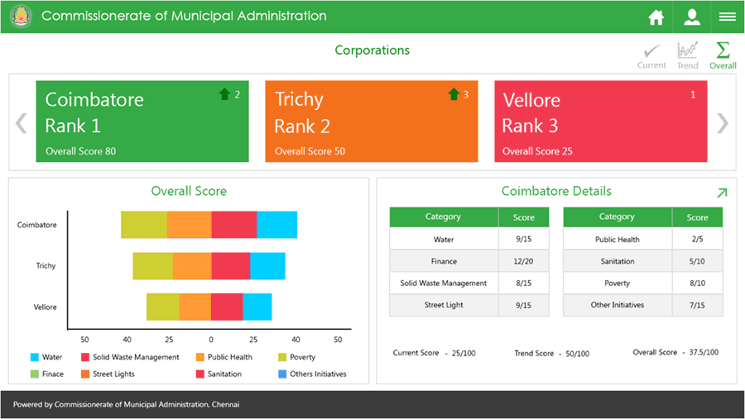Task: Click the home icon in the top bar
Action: pos(656,17)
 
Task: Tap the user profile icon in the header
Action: pos(691,17)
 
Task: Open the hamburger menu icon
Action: pos(728,17)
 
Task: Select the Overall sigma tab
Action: pos(723,55)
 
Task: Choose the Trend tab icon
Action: pos(687,55)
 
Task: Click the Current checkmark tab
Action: pos(651,55)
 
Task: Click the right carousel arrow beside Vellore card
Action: pos(723,123)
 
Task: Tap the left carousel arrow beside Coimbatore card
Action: pos(22,123)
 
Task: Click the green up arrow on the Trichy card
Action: pos(454,94)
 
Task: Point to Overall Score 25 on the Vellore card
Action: pos(537,151)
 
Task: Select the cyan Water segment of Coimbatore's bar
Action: pos(276,225)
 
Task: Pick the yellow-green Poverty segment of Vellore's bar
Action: pos(163,307)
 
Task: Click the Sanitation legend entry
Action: pos(219,374)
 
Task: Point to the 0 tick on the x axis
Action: pos(211,340)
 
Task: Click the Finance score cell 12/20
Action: pos(523,261)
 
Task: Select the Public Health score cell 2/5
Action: pos(697,240)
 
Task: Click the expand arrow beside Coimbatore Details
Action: pos(721,193)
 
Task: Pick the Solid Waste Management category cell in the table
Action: pos(444,283)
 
